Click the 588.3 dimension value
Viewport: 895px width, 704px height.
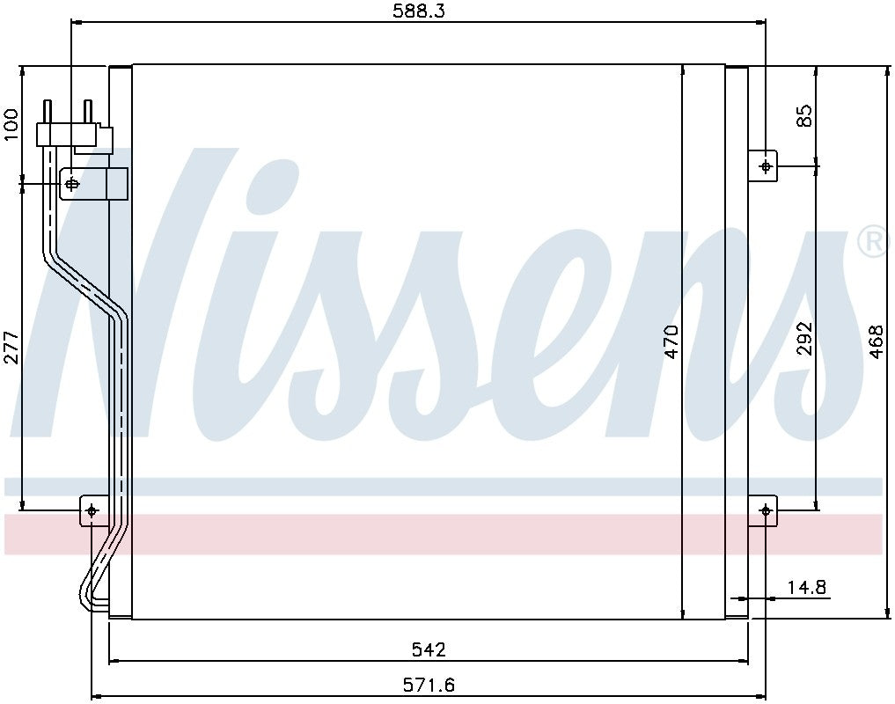tap(417, 11)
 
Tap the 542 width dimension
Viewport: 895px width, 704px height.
tap(429, 649)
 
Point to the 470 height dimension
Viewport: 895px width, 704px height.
tap(671, 341)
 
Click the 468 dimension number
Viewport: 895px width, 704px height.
tap(876, 341)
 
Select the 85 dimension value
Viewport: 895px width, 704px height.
tap(804, 115)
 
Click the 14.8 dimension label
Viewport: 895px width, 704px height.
tap(806, 587)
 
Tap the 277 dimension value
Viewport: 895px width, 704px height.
tap(11, 347)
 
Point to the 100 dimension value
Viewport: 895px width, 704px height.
tap(11, 125)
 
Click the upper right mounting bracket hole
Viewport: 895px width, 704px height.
tap(766, 165)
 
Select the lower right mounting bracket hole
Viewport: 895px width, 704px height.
tap(766, 510)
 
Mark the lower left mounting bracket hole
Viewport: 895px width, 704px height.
tap(92, 510)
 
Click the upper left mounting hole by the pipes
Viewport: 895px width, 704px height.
tap(73, 184)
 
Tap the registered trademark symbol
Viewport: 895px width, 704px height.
tap(872, 242)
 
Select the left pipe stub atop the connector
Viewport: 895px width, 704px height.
tap(48, 112)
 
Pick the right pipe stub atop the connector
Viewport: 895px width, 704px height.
tap(87, 112)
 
